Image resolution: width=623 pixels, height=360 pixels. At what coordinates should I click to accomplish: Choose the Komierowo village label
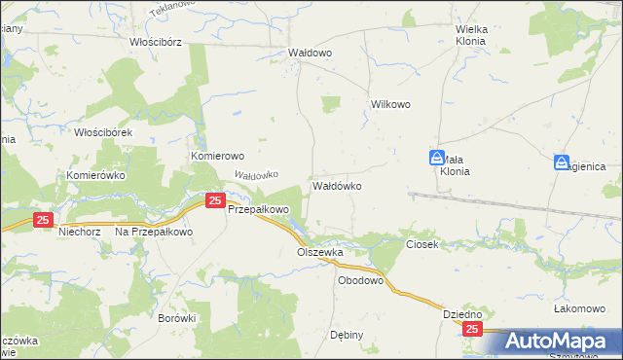point(217,156)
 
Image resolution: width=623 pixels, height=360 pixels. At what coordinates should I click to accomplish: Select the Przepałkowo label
point(259,209)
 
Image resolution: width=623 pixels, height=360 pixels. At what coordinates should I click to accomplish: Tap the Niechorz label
point(79,232)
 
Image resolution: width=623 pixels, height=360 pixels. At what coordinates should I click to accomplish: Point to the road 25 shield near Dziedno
point(472,331)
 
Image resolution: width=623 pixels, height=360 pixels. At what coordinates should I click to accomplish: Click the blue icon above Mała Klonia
point(438,159)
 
